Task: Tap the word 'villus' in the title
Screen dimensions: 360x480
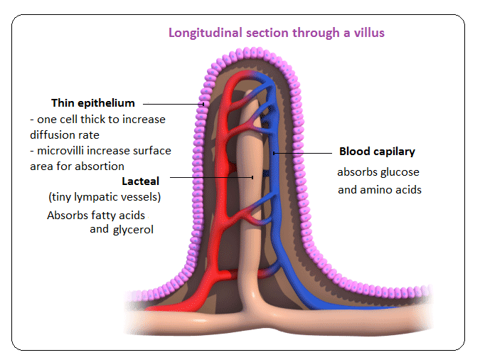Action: click(370, 33)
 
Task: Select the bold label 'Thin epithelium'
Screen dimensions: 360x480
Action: click(92, 103)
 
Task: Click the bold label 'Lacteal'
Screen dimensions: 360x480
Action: click(140, 181)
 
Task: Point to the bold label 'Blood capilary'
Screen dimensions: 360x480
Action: click(377, 152)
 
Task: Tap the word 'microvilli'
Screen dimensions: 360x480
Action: click(67, 150)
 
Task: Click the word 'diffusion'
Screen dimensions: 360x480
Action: click(55, 134)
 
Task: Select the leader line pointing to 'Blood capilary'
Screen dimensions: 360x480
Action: click(302, 152)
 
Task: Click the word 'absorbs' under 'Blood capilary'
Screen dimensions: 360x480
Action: click(358, 172)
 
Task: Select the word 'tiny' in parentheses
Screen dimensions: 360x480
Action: click(63, 196)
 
